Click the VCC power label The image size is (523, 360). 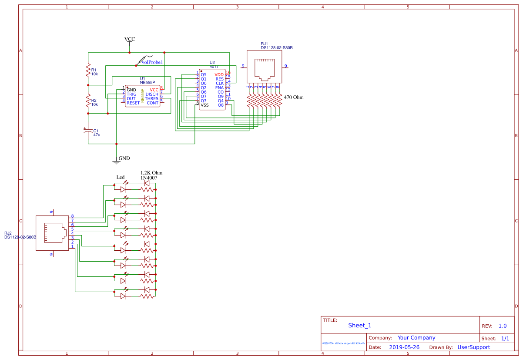click(130, 39)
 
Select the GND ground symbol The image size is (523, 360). click(116, 161)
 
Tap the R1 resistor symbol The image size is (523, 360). click(88, 71)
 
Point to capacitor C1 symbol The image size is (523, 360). click(88, 131)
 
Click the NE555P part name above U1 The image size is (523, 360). click(147, 82)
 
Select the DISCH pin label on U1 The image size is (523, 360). click(152, 94)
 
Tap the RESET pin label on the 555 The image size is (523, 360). click(133, 103)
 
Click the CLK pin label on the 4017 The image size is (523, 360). click(220, 84)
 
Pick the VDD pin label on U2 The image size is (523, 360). click(219, 75)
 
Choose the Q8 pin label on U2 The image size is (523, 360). click(221, 105)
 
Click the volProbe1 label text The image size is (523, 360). click(152, 63)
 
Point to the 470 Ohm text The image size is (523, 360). click(294, 98)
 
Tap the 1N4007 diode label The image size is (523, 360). click(149, 178)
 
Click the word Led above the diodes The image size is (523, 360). click(121, 177)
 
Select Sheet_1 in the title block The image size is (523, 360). click(360, 326)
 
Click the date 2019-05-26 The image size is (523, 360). click(404, 347)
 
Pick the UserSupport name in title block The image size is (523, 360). click(473, 347)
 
